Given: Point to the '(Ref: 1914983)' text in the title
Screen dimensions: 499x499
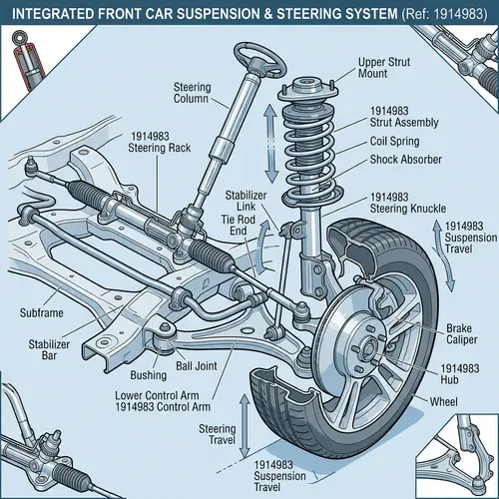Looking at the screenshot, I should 434,13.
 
